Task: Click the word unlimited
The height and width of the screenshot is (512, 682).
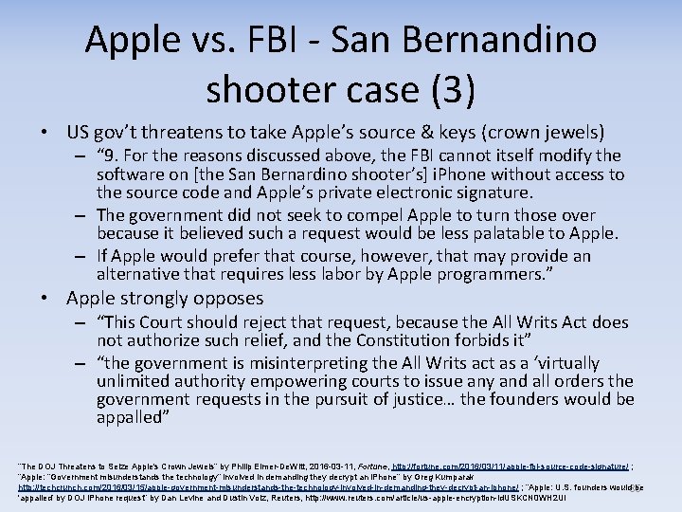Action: [x=133, y=381]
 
